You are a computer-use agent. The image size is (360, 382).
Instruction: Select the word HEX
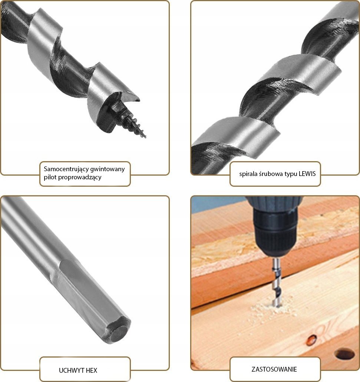pyautogui.click(x=92, y=370)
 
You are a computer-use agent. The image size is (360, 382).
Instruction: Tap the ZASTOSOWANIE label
pyautogui.click(x=274, y=369)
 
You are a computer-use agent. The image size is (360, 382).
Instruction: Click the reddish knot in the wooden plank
pyautogui.click(x=312, y=339)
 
